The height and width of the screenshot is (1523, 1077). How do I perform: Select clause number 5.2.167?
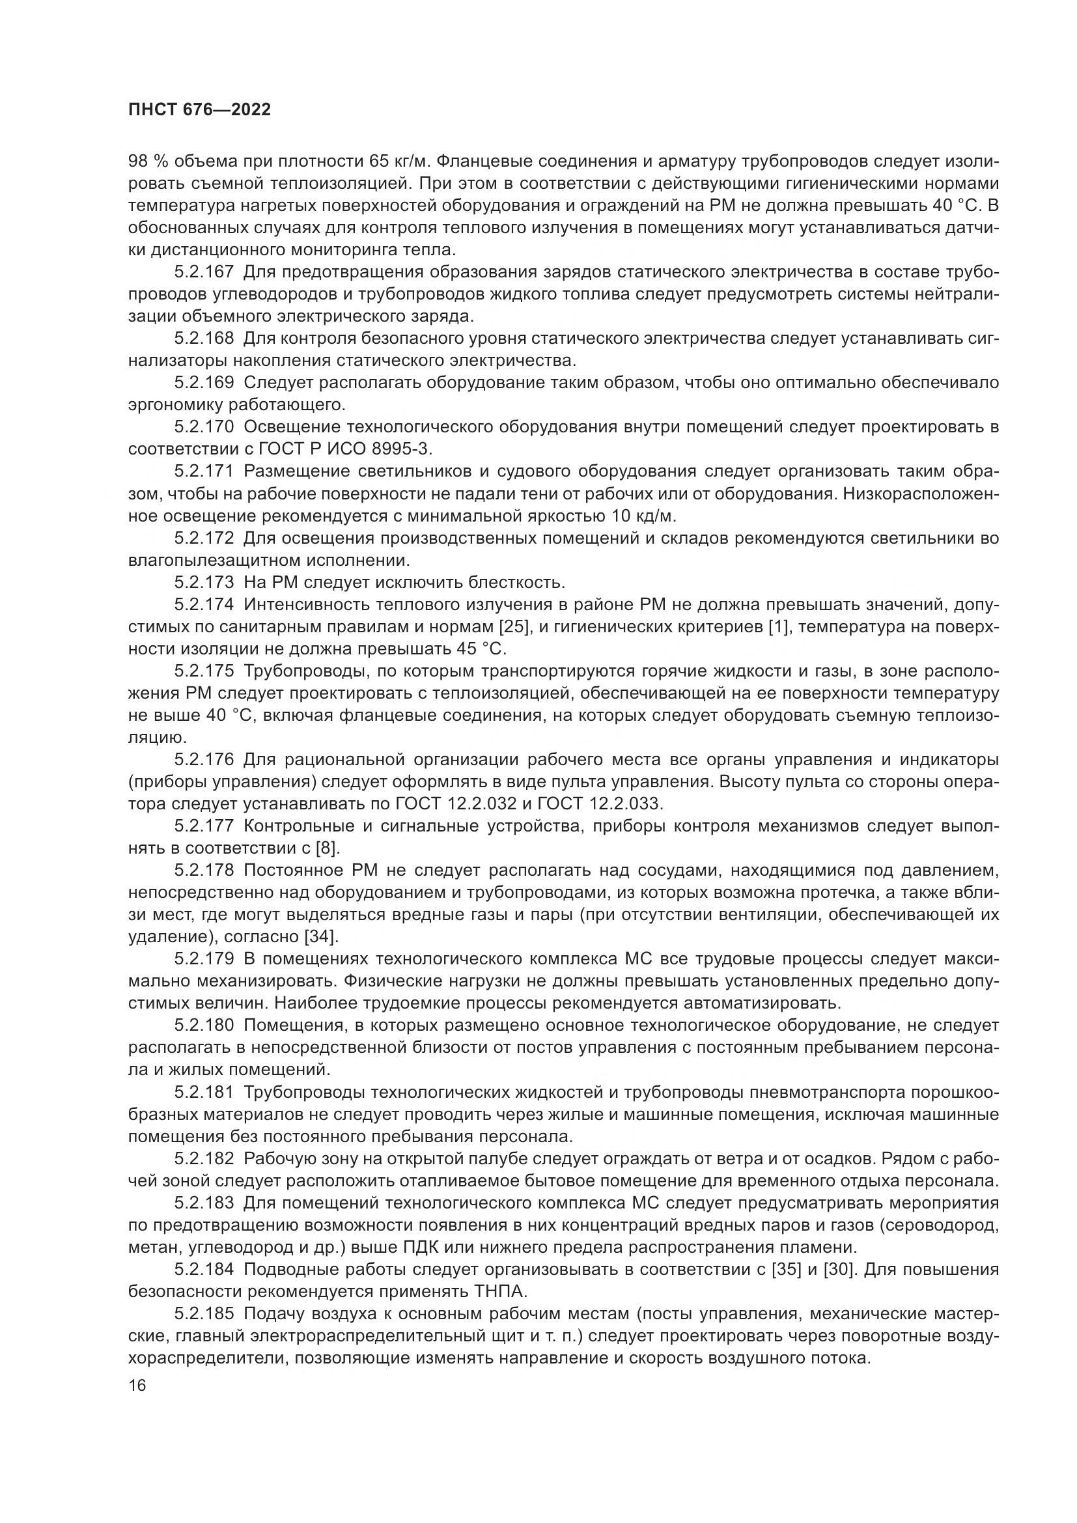coord(204,272)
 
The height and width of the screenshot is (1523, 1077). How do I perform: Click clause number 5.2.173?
coord(204,582)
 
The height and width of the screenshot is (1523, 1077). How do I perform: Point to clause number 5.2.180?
coord(204,1025)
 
